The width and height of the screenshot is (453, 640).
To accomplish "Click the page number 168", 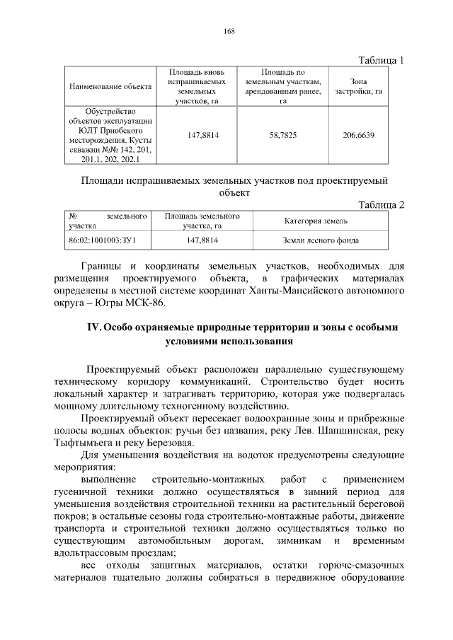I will pos(229,30).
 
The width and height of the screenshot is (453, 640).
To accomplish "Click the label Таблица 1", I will pos(381,59).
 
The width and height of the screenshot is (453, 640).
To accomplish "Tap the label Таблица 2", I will pos(381,204).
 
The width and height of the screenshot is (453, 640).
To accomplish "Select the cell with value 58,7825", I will pos(282,134).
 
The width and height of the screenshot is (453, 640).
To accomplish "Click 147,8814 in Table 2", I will pos(202,240).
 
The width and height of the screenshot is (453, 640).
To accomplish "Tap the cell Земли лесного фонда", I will pos(321,240).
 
